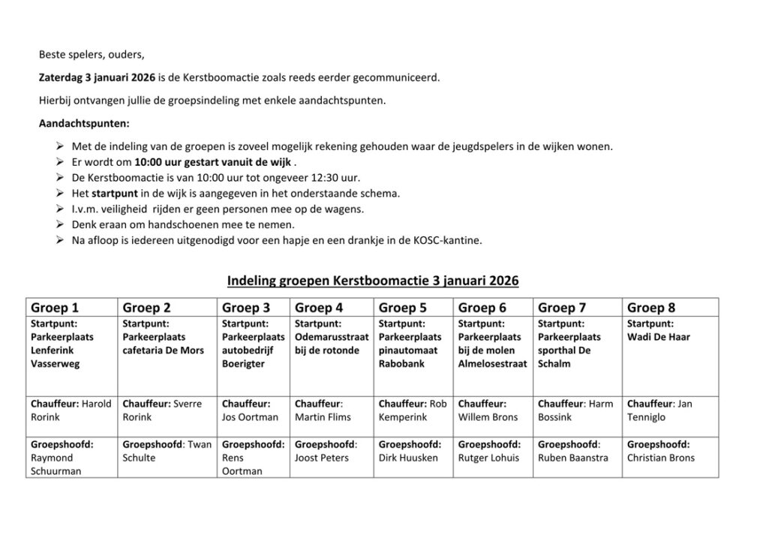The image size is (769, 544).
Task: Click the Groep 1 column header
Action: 55,308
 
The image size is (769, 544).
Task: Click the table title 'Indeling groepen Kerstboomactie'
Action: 372,281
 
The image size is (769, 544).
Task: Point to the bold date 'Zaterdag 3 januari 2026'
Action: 97,77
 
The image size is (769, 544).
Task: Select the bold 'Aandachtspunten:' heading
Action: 83,123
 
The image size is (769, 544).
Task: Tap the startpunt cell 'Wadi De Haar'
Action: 658,337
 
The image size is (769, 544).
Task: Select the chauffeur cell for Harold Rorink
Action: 71,410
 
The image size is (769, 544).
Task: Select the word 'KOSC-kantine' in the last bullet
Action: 449,240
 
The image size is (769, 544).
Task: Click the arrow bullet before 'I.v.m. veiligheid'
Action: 60,209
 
